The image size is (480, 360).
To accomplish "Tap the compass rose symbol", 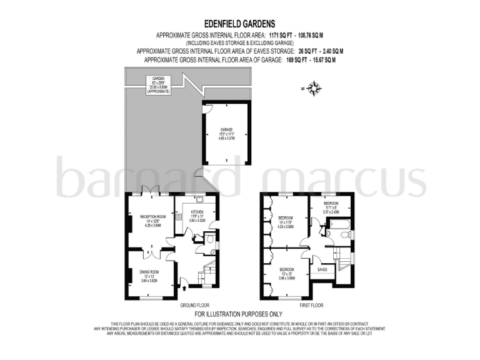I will [314, 87].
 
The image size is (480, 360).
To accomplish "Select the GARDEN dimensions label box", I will [157, 84].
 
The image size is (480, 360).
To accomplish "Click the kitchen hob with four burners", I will [178, 218].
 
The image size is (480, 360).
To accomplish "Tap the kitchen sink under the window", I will [214, 214].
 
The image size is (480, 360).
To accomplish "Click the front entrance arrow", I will [184, 287].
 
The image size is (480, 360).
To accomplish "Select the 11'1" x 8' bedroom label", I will [331, 207].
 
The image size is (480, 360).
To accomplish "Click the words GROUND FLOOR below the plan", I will [194, 306].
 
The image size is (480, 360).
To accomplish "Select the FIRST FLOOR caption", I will [311, 306].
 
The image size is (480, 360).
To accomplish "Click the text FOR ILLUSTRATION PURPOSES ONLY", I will [239, 314].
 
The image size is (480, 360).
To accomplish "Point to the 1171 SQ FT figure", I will [281, 36].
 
